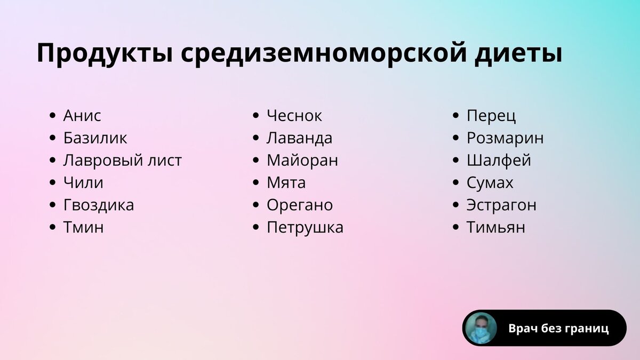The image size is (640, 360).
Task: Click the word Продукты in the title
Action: pos(103,54)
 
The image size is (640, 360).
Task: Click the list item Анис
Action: pos(82,116)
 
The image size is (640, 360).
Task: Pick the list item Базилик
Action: pos(95,138)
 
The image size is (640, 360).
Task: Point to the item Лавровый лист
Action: pos(122,161)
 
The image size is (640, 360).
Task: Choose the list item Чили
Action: pos(83,183)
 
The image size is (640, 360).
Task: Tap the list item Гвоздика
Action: pos(99,205)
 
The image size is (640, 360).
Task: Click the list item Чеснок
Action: pos(294,116)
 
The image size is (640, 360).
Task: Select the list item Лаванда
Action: pos(299,138)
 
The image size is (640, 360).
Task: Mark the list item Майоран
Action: pos(302,161)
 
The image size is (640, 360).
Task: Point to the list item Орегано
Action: pos(300,205)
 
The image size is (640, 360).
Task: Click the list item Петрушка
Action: pos(305,228)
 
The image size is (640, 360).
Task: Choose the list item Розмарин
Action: pos(505,138)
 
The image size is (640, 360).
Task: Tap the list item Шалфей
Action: pos(499,161)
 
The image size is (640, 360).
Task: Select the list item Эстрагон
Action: pos(501,205)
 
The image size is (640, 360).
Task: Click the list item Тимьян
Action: pos(496,228)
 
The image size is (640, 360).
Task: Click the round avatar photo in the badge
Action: pos(481,328)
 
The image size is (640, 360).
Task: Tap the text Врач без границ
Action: pos(558,329)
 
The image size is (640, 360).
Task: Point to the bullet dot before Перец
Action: pos(455,116)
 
